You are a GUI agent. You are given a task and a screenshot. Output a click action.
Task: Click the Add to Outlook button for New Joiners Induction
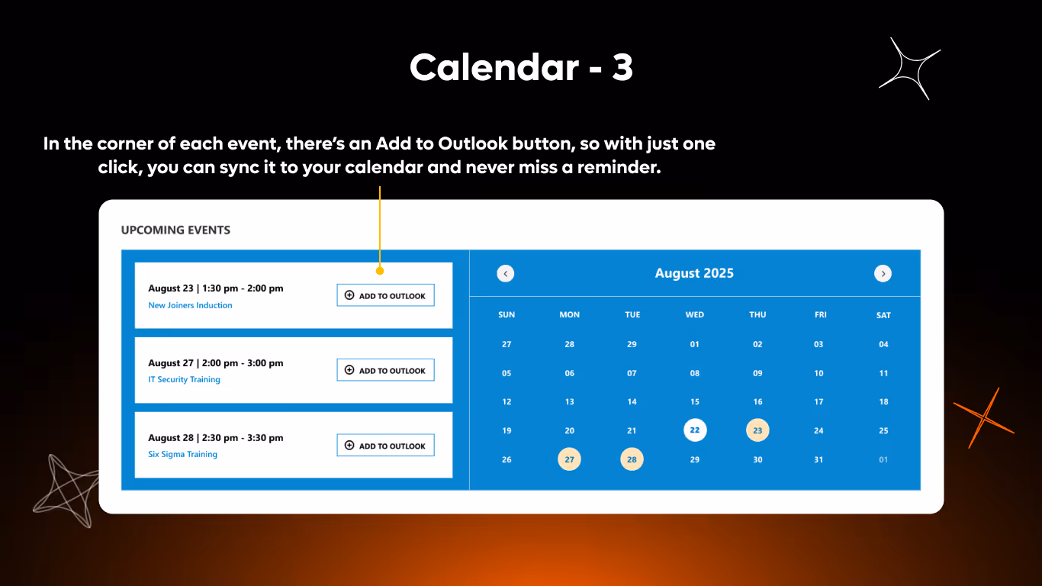click(385, 295)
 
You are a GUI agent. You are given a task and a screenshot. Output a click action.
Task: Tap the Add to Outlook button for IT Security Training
click(385, 370)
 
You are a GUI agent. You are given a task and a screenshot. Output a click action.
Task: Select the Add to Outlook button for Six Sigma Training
click(385, 446)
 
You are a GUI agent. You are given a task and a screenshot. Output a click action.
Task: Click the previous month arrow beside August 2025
click(506, 273)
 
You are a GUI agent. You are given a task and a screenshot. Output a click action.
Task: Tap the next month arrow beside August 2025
click(883, 273)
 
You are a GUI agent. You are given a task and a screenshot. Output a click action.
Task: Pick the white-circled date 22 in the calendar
click(695, 430)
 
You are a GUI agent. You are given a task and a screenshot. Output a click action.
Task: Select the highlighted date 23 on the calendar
click(757, 430)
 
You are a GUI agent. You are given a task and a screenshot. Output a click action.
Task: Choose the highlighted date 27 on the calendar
click(569, 459)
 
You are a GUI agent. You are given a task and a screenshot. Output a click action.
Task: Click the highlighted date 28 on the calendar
click(632, 459)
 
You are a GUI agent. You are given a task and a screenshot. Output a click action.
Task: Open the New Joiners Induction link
click(190, 305)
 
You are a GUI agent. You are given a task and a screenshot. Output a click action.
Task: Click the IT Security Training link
click(184, 379)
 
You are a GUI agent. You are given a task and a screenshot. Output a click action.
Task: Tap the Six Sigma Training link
click(182, 454)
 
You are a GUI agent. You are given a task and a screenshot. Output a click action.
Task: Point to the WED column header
click(695, 314)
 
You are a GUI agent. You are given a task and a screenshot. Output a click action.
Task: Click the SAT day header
click(883, 315)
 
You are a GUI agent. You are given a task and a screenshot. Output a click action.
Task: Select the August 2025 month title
click(694, 273)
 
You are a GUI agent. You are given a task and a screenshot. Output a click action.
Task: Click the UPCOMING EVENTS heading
click(175, 230)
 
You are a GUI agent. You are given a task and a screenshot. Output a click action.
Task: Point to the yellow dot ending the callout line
click(380, 270)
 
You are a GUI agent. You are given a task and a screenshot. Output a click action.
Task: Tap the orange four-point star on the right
click(985, 417)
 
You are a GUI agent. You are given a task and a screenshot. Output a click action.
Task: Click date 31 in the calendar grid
click(818, 459)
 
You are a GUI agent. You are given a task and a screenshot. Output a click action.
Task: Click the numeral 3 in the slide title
click(622, 68)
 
